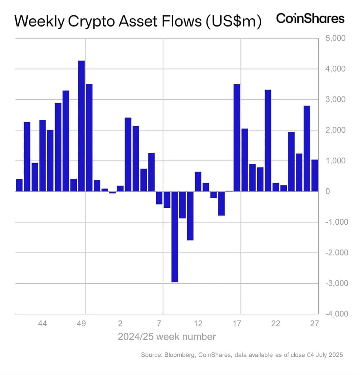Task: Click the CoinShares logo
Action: click(310, 19)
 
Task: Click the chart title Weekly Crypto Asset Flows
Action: click(138, 21)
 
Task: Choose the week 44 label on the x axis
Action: click(42, 324)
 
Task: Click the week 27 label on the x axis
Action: click(315, 324)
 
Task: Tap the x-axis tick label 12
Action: click(198, 324)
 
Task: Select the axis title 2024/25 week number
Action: click(167, 337)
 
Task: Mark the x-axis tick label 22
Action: click(276, 324)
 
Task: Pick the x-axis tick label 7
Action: click(159, 324)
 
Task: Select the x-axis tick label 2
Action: click(120, 324)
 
